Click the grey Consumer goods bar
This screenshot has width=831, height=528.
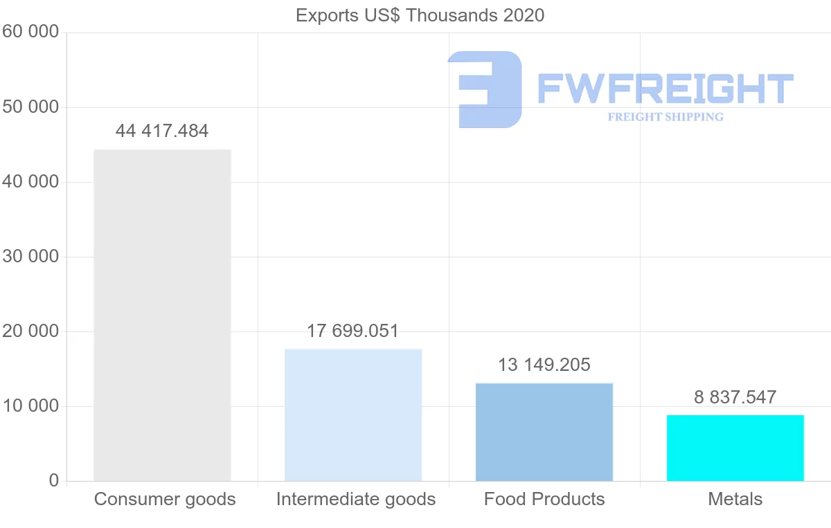click(x=162, y=315)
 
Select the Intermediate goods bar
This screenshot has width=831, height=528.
click(x=353, y=415)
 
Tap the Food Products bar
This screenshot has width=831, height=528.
click(x=544, y=432)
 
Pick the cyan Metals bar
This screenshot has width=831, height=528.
click(x=735, y=448)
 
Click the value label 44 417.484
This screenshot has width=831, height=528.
click(x=162, y=131)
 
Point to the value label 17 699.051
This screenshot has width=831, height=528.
click(x=353, y=331)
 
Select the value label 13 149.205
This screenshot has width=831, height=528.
click(x=544, y=365)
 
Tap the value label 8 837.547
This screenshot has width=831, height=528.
click(x=735, y=397)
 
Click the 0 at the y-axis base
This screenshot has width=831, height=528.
click(x=54, y=481)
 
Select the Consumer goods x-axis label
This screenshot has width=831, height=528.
click(x=165, y=499)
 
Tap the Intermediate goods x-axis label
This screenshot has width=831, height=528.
click(x=356, y=499)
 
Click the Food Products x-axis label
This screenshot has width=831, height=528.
click(x=544, y=499)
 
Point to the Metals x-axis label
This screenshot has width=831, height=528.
click(x=735, y=499)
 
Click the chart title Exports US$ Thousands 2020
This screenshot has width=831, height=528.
click(x=420, y=15)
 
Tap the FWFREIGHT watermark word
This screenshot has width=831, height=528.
click(x=665, y=89)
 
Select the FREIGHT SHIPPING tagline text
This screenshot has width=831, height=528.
click(x=665, y=117)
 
